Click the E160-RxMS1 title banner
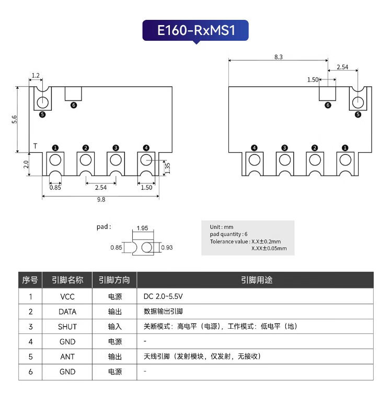tap(196, 30)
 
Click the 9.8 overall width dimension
tap(101, 199)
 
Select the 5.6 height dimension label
tap(15, 120)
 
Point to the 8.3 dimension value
tap(278, 57)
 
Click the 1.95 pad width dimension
tap(141, 228)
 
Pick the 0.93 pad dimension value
tap(167, 247)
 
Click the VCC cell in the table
tap(67, 296)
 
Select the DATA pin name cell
tap(67, 311)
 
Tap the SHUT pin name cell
tap(67, 327)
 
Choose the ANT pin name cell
tap(67, 356)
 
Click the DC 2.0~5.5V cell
tap(163, 296)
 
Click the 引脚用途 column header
tap(256, 280)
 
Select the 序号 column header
tap(30, 280)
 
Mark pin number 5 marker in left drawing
tap(42, 114)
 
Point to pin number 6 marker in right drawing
tap(328, 105)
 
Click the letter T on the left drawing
tap(35, 145)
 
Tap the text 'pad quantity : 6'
tap(229, 234)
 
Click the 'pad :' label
tap(103, 227)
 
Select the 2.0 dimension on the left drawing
tap(26, 165)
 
